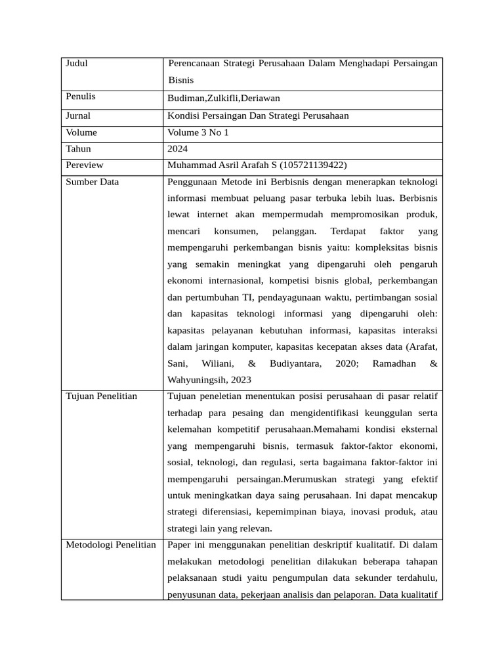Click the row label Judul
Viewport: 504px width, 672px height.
click(x=77, y=64)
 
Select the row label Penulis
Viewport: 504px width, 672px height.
click(x=80, y=96)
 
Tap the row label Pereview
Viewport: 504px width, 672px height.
click(x=85, y=165)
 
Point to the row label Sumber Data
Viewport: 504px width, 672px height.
click(x=92, y=182)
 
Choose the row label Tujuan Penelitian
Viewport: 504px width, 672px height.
click(x=102, y=396)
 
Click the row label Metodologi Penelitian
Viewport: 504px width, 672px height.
click(x=111, y=545)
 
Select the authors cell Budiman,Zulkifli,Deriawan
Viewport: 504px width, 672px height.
click(x=224, y=98)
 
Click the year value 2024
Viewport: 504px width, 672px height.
click(x=178, y=149)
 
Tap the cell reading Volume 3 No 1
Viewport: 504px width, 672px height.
click(x=199, y=133)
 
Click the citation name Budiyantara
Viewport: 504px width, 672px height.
click(x=295, y=364)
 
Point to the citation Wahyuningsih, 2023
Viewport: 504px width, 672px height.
click(x=209, y=380)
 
